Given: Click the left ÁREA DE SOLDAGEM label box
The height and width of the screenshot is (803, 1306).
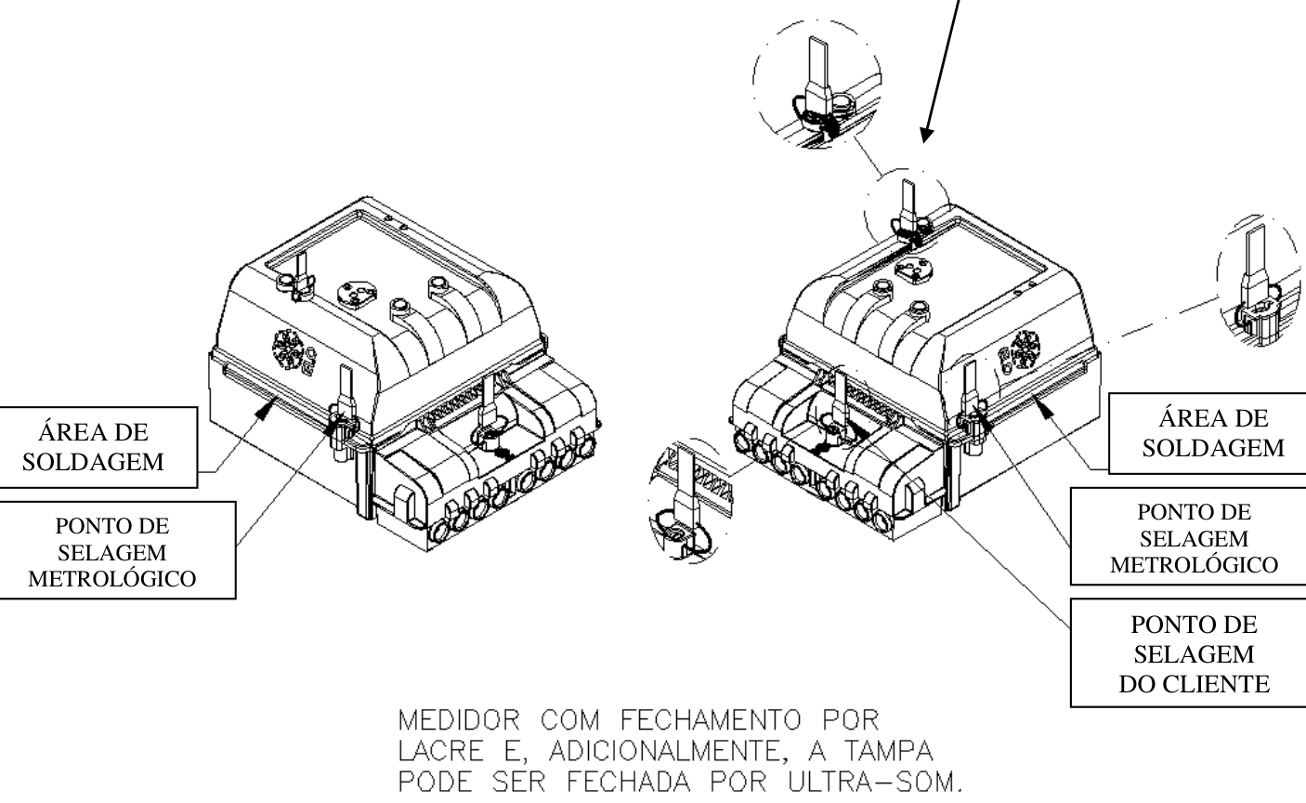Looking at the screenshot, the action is pos(98,447).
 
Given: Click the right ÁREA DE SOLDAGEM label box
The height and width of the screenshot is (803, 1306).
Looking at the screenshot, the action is pos(1207,433).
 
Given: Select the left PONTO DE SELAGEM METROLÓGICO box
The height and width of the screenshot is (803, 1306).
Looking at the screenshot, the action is pos(117,550).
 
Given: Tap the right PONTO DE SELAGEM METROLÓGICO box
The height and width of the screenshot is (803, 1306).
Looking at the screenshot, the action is pos(1188,536).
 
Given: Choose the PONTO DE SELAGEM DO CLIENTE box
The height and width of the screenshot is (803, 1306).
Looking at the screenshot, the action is pos(1188,652).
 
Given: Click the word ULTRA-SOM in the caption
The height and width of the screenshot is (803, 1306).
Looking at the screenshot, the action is pos(875,782).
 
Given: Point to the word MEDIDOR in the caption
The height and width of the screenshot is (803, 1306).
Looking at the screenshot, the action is pos(459,720).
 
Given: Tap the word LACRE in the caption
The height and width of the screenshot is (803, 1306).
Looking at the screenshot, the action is pos(441,751).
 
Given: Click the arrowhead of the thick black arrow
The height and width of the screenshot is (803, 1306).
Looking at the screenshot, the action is pos(926,136).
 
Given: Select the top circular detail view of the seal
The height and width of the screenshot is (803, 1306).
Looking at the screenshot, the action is pos(816,85).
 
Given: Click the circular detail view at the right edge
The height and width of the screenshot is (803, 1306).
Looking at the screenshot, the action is pos(1260,281).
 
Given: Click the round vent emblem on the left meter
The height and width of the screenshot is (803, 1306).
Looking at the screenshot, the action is pos(288,349).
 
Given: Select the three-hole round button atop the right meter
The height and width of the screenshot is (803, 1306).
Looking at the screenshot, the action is pos(914,270).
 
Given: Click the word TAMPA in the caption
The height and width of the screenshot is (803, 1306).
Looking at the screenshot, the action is pos(889,751).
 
